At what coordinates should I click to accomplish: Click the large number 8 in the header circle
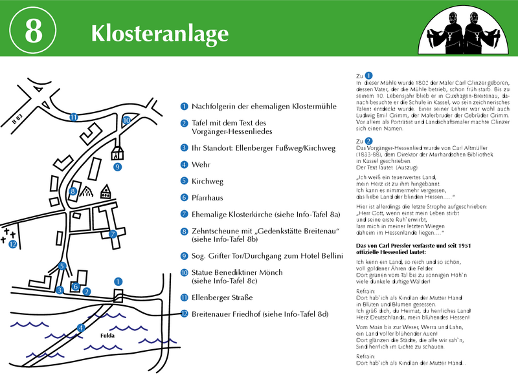[33, 32]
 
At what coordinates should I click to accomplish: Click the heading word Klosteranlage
[159, 32]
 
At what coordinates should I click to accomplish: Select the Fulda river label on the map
[107, 336]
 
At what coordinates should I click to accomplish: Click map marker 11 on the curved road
[74, 117]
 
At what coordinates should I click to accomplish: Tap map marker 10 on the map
[126, 120]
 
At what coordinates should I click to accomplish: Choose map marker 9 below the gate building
[117, 167]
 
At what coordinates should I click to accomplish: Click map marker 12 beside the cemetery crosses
[12, 244]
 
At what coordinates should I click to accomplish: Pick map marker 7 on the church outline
[113, 233]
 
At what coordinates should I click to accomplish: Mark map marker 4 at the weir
[80, 328]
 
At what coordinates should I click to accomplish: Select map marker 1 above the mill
[118, 281]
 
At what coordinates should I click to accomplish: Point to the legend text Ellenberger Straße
[221, 297]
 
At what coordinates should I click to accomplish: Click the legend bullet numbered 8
[185, 231]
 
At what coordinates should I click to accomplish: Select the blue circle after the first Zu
[368, 76]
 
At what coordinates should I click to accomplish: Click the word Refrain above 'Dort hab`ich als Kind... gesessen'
[366, 292]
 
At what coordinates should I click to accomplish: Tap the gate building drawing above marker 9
[117, 152]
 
